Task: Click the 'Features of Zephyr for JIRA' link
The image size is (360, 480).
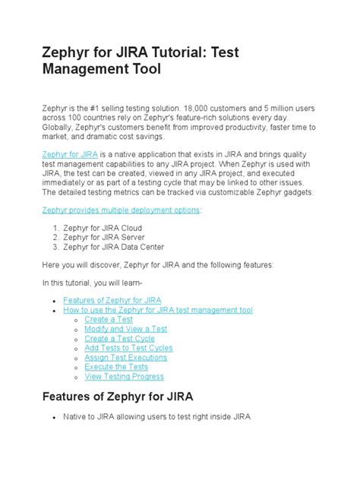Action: [x=122, y=301]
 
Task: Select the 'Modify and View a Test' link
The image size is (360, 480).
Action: [x=126, y=329]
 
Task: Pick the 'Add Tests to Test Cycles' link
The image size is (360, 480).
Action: [x=128, y=348]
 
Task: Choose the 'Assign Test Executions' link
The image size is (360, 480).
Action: [x=126, y=357]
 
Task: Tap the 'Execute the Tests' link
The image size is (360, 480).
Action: [x=116, y=367]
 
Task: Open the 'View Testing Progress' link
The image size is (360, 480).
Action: [x=125, y=376]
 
